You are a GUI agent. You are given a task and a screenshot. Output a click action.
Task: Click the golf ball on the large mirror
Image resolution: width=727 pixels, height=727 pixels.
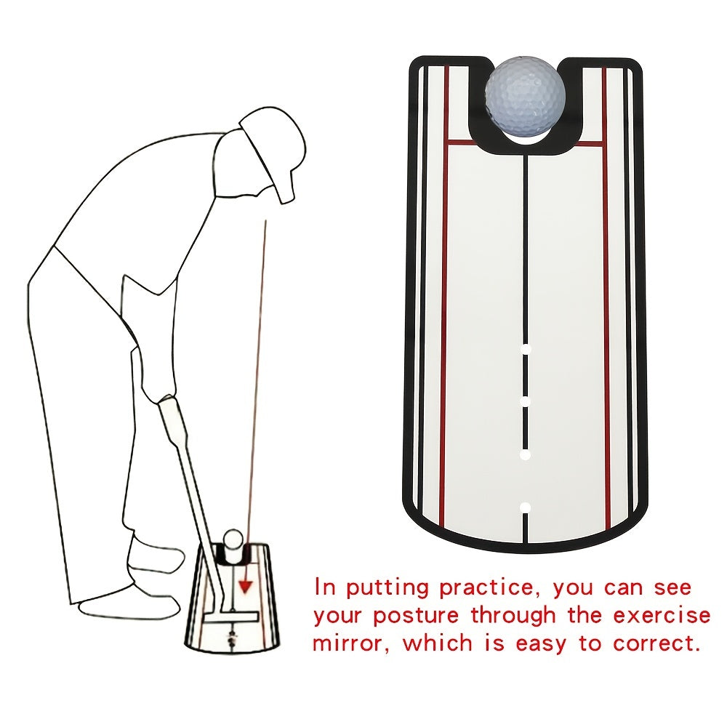pos(525,99)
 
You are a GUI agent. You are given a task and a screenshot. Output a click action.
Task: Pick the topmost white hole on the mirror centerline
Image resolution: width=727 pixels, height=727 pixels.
pos(526,350)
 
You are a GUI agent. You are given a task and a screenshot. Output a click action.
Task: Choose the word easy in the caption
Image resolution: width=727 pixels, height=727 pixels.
pos(547,644)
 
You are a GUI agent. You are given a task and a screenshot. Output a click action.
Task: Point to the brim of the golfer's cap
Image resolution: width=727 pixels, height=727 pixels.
pos(287,185)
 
